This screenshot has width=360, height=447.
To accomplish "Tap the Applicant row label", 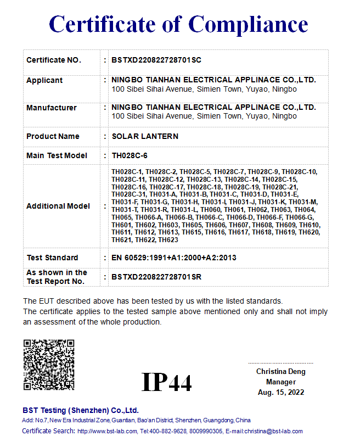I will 44,80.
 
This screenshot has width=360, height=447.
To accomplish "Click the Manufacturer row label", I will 52,108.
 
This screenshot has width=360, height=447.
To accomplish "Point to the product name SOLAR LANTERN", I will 145,136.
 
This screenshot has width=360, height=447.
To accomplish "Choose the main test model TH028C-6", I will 130,155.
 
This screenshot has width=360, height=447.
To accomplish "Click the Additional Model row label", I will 58,206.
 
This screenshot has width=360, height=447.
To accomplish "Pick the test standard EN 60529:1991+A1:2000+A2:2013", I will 174,258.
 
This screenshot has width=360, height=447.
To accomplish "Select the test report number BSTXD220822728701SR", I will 156,277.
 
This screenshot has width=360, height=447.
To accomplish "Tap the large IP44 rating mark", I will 167,382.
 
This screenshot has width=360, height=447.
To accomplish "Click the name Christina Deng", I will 281,372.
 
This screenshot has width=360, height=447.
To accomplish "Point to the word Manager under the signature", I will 281,382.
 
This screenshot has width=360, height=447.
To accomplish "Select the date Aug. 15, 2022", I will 281,392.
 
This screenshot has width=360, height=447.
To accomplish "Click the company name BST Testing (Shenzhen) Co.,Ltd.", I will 81,410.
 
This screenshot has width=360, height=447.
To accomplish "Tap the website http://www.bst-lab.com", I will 107,432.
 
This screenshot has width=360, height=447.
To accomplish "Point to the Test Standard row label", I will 52,258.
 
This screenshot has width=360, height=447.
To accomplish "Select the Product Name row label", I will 53,136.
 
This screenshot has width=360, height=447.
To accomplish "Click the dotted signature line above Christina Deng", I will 280,363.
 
